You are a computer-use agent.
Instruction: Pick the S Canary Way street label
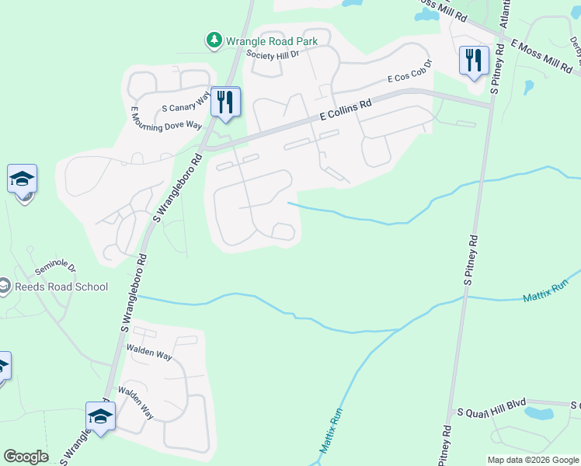[186, 102]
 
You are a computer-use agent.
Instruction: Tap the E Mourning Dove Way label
[166, 119]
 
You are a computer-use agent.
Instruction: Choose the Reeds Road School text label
[61, 287]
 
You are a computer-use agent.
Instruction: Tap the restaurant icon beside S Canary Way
[225, 102]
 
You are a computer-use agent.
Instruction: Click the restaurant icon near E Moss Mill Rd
[473, 59]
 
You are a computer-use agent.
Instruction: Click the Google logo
[26, 457]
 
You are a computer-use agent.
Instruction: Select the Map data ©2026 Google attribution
[533, 460]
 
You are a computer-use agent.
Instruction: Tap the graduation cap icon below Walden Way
[101, 416]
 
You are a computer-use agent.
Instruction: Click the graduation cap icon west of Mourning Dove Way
[23, 179]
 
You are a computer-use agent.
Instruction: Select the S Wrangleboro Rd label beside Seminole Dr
[134, 290]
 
